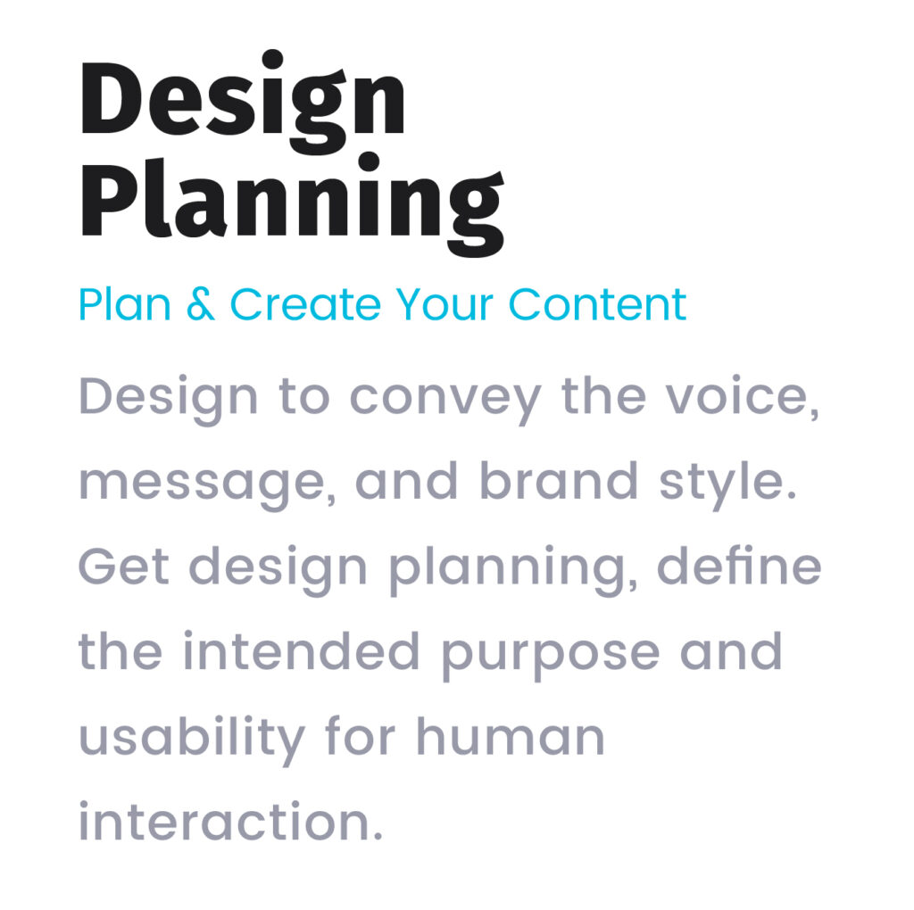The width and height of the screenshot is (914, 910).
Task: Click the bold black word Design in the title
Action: pos(243,103)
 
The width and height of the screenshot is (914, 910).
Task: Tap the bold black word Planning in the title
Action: pos(292,204)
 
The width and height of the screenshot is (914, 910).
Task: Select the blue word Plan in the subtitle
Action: pos(125,304)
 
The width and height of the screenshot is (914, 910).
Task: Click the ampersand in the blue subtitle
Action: pos(201,304)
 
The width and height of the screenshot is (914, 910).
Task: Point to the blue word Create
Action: pos(306,304)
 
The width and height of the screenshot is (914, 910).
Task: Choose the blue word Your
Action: pos(445,304)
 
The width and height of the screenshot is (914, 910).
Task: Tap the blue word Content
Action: pos(597,304)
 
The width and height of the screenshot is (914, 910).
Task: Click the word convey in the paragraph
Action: pos(445,400)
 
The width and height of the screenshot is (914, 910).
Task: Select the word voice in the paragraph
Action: pos(743,396)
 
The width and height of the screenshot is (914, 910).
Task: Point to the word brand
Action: pos(559,480)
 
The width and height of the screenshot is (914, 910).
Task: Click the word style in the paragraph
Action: pos(727,484)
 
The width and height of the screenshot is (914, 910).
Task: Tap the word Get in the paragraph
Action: pos(123,565)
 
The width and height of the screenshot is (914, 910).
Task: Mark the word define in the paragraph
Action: pos(739,564)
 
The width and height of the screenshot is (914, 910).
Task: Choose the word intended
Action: pos(302,649)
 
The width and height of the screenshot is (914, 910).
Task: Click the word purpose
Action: pos(550,656)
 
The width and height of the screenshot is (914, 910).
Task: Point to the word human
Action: pos(511,735)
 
